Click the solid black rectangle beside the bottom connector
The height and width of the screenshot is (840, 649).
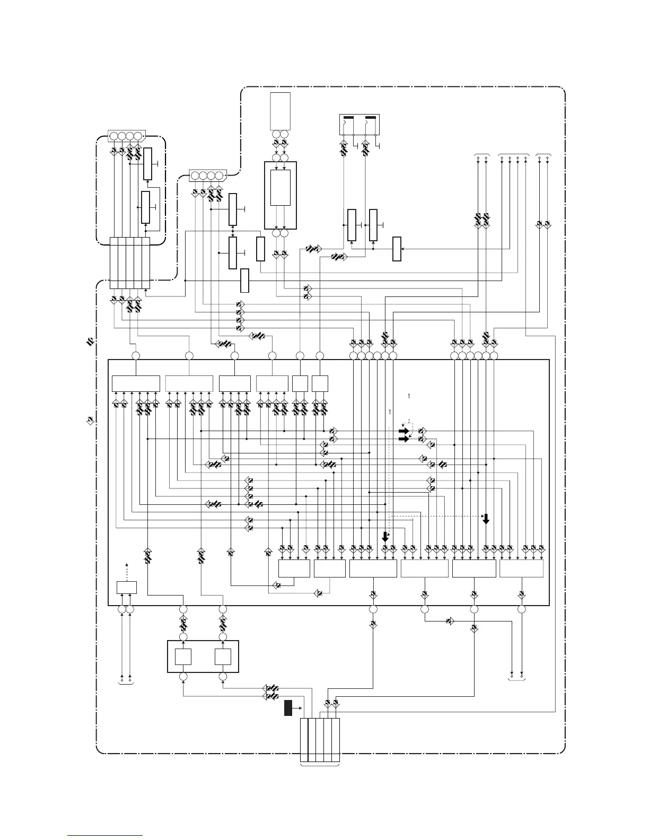(x=288, y=708)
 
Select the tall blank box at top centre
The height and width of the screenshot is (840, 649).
(x=280, y=111)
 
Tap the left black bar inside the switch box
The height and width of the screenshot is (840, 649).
(x=348, y=117)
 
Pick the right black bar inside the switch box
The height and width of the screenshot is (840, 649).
(x=371, y=117)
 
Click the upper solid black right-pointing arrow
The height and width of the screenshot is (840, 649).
(x=404, y=431)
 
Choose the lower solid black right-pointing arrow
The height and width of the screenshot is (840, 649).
(x=404, y=439)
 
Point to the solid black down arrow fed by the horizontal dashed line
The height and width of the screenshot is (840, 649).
(x=486, y=519)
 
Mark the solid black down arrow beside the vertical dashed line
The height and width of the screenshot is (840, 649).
(x=385, y=537)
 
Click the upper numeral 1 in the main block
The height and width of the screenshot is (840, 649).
(x=409, y=396)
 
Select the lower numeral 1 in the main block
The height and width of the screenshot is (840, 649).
(x=390, y=412)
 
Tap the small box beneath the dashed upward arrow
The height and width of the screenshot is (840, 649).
(x=126, y=588)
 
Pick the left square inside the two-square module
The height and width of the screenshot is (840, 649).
(x=183, y=657)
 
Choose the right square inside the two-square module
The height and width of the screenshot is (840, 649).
(x=223, y=657)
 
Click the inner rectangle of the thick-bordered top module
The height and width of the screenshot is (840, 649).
(x=280, y=188)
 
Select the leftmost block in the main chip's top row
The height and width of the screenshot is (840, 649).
(x=136, y=383)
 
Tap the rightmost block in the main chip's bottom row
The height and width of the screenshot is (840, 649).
(x=521, y=568)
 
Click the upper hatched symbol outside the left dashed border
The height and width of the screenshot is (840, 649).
(x=90, y=342)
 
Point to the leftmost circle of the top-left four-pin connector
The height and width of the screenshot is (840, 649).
(x=114, y=136)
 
